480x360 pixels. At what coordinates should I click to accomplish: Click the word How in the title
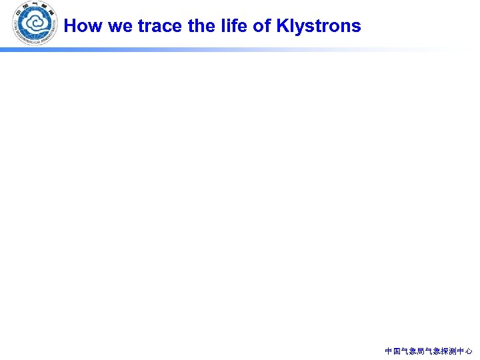pyautogui.click(x=80, y=26)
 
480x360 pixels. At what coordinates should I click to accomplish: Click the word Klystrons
pyautogui.click(x=318, y=27)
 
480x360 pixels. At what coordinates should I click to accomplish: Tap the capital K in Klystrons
pyautogui.click(x=282, y=26)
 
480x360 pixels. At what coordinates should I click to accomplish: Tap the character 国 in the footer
pyautogui.click(x=397, y=351)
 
